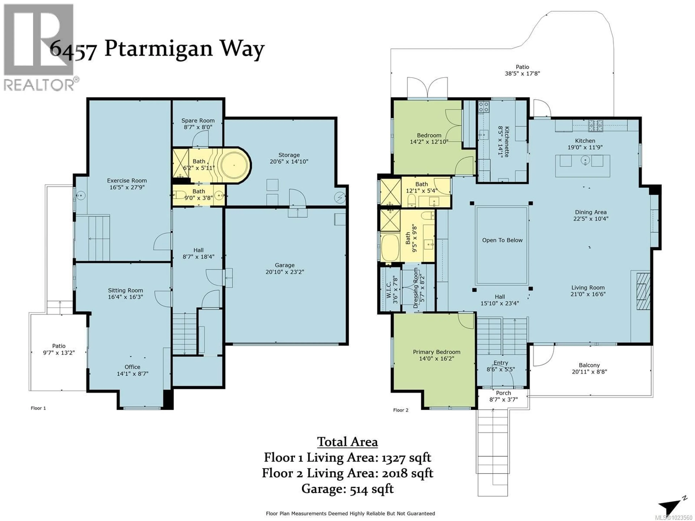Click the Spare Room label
pos(198,121)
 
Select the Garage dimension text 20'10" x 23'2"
pos(285,272)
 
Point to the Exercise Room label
pos(127,181)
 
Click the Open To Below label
pos(502,240)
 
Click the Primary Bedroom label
pos(436,352)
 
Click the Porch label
pos(503,393)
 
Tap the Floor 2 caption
pos(401,410)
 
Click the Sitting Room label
pos(125,291)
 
